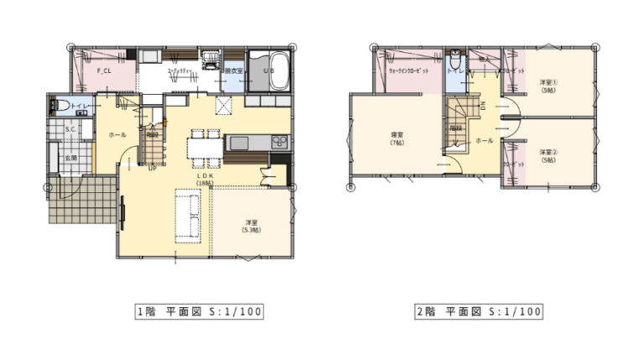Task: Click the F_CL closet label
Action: (106, 70)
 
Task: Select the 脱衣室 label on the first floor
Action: (233, 72)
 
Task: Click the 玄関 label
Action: (73, 157)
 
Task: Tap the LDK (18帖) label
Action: (204, 179)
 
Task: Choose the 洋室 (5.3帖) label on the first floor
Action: (250, 226)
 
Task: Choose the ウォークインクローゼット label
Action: (409, 70)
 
